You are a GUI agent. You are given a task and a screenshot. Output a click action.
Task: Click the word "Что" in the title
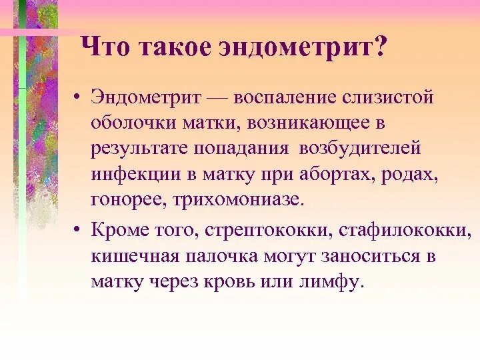pos(103,49)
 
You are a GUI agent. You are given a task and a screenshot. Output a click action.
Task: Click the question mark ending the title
pos(381,49)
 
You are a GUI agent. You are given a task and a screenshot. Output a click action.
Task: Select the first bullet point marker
pos(78,97)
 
